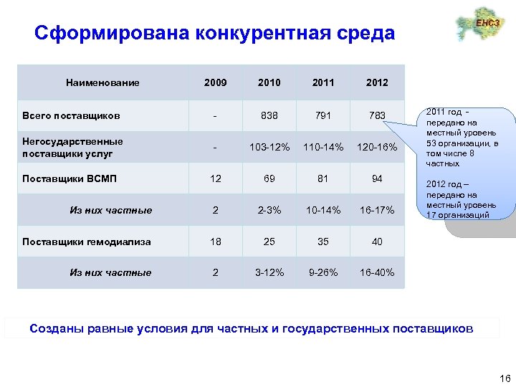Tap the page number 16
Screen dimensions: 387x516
[x=504, y=378]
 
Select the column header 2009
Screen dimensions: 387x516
[x=215, y=82]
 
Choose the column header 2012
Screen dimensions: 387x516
[x=377, y=82]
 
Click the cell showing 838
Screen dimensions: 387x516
[x=269, y=115]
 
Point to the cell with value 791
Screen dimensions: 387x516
[x=323, y=115]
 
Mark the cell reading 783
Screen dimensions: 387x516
[x=377, y=115]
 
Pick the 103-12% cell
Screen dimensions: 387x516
[x=269, y=148]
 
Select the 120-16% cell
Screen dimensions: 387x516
[x=377, y=148]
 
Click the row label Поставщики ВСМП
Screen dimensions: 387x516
[x=69, y=178]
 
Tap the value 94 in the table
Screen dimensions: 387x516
[x=377, y=178]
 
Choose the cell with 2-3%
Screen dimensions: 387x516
[x=269, y=210]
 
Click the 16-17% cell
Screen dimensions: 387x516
[x=377, y=210]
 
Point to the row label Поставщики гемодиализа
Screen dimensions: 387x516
[x=86, y=242]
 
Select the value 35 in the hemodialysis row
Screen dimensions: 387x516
[x=323, y=242]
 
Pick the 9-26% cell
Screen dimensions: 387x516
[x=323, y=272]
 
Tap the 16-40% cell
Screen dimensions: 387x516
[x=377, y=272]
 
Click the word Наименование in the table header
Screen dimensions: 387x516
[x=102, y=82]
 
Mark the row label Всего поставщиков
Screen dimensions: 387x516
[x=71, y=115]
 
